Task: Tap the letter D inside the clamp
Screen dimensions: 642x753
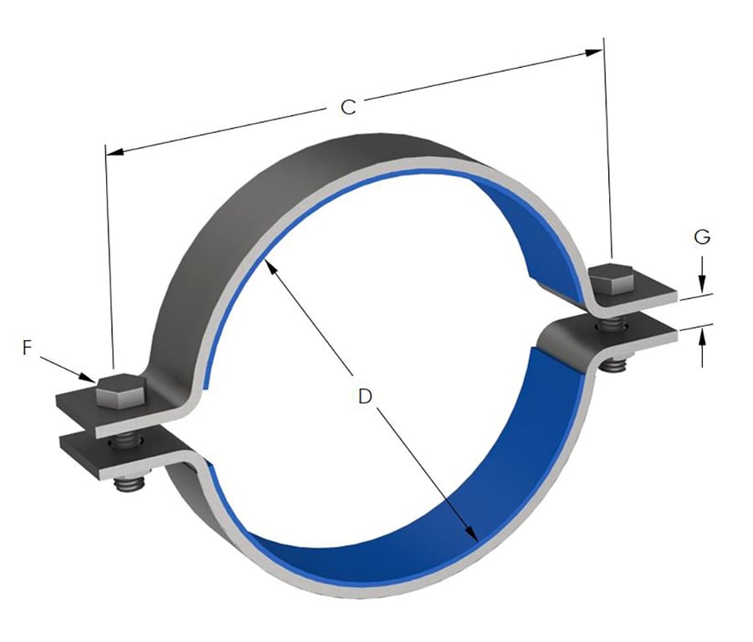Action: [x=364, y=396]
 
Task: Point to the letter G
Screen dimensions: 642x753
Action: [x=702, y=237]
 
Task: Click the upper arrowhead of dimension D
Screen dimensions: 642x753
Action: [x=269, y=267]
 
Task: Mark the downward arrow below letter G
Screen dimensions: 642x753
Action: [x=702, y=281]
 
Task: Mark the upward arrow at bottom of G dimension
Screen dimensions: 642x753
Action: [x=702, y=337]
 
